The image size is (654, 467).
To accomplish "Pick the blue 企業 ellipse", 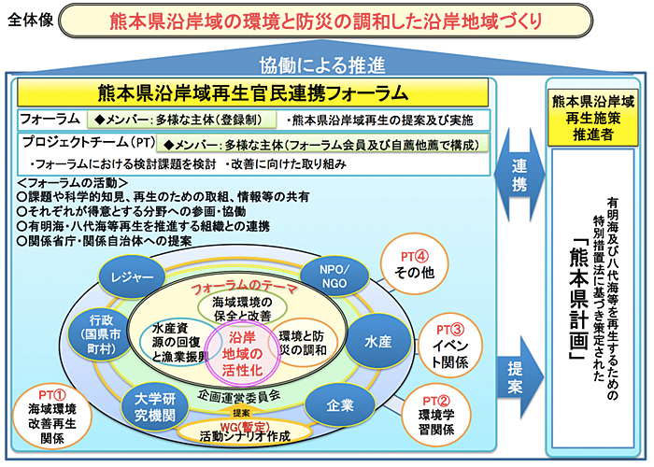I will (x=339, y=404).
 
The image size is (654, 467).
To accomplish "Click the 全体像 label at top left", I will (x=30, y=22).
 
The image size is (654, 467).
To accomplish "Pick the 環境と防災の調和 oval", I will (x=302, y=342).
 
